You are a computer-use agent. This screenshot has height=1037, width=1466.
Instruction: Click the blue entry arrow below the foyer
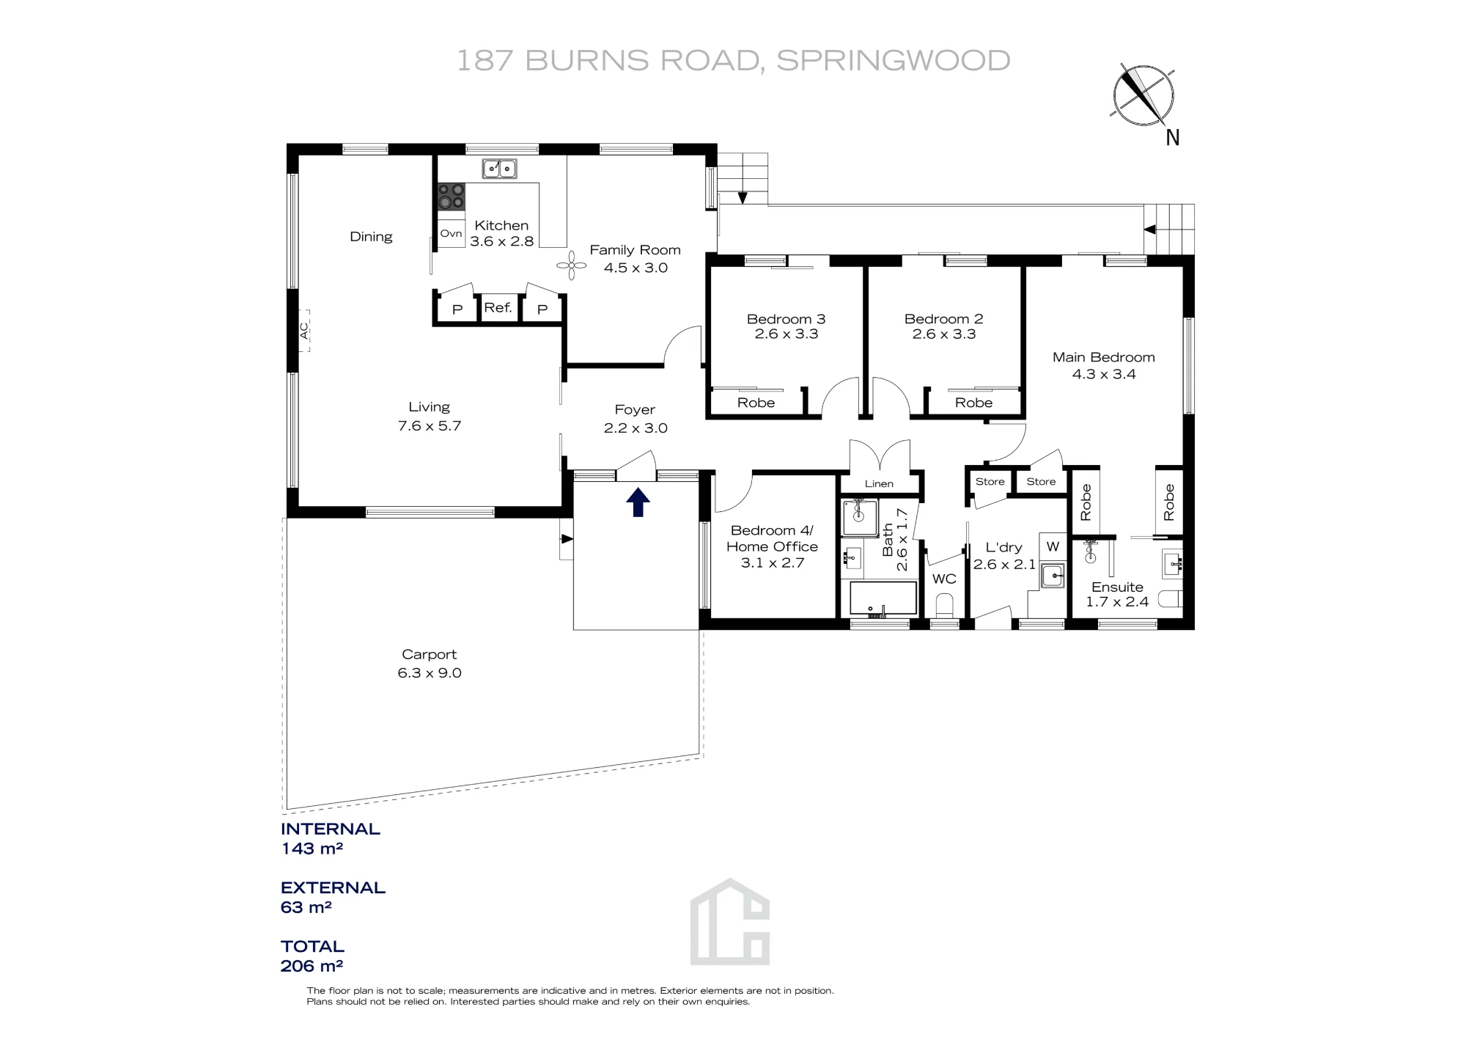coord(638,502)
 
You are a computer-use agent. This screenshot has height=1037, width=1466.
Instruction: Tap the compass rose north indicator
coord(1143,96)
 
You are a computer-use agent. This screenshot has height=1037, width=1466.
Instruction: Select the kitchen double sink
coord(499,169)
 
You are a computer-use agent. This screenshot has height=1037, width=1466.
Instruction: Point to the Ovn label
coord(451,233)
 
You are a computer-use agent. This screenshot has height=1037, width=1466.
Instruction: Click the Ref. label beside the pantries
coord(498,307)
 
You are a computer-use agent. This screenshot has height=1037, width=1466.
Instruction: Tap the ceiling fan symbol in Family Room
coord(572,265)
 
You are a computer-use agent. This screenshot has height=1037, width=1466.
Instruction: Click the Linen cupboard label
coord(879,483)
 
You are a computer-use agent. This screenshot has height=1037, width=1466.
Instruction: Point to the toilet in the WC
coord(944,605)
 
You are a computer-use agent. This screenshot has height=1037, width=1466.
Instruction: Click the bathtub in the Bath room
coord(883,598)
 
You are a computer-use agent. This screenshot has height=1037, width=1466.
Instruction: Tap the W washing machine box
coord(1053,546)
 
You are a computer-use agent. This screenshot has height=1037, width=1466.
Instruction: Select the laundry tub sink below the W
coord(1053,575)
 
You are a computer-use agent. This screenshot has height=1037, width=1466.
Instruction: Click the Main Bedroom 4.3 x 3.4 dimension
coord(1104,374)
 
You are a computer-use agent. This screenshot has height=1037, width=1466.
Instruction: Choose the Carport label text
coord(429,654)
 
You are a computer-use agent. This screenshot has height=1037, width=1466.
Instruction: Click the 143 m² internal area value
coord(312,849)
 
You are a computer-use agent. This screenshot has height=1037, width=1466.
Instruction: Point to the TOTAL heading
coord(312,946)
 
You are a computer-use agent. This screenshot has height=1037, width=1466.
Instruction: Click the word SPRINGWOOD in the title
coord(894,60)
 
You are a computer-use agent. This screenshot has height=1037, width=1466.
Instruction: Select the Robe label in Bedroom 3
coord(756,403)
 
